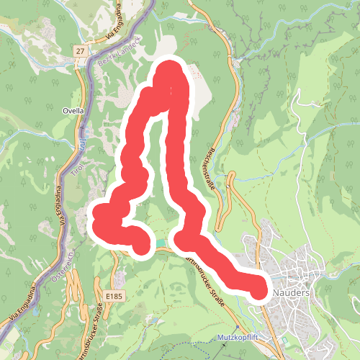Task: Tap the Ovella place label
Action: pyautogui.click(x=74, y=111)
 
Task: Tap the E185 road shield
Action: pyautogui.click(x=113, y=296)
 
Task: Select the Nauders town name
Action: pyautogui.click(x=292, y=294)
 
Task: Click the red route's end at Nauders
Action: pyautogui.click(x=261, y=289)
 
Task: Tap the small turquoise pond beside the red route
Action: pyautogui.click(x=158, y=244)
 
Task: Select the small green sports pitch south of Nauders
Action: pyautogui.click(x=287, y=340)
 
